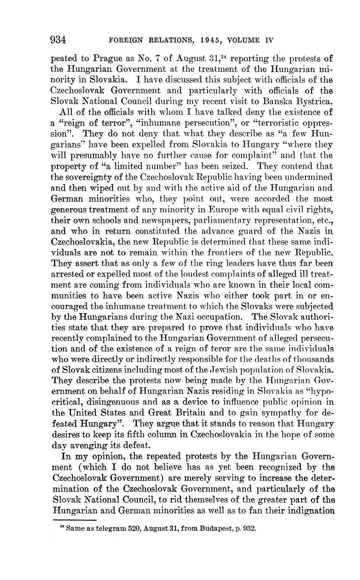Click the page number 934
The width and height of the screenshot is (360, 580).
58,40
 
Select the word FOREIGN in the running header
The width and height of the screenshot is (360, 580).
124,41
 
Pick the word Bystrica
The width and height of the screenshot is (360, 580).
317,101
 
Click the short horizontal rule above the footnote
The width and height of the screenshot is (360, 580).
74,521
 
